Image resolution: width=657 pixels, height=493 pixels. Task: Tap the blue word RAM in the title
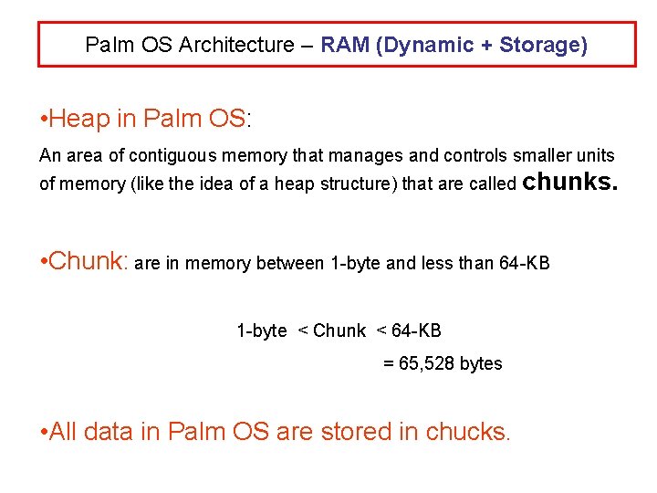coord(345,45)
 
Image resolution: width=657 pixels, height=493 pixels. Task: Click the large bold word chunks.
coord(570,182)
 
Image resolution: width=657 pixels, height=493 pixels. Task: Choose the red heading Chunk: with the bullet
coord(84,262)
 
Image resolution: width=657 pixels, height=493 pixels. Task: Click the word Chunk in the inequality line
coord(339,330)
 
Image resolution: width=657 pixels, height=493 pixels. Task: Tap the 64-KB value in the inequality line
coord(416,330)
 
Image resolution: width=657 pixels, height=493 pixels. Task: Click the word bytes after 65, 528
coord(481,363)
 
